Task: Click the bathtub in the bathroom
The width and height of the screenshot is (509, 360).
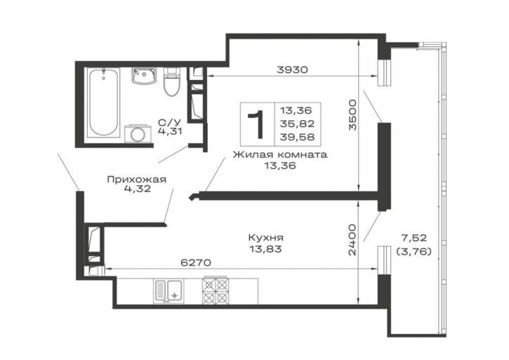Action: pyautogui.click(x=103, y=103)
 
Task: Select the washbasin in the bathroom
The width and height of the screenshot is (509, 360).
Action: pyautogui.click(x=144, y=76)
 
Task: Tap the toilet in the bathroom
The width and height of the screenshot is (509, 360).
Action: pyautogui.click(x=171, y=81)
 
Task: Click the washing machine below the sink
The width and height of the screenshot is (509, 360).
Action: pyautogui.click(x=138, y=133)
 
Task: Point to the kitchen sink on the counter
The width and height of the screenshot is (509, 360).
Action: pyautogui.click(x=168, y=292)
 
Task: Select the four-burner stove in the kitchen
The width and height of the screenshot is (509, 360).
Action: pyautogui.click(x=215, y=291)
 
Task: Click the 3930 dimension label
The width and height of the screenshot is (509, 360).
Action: pyautogui.click(x=292, y=69)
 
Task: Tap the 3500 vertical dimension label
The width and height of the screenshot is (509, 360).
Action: pyautogui.click(x=352, y=115)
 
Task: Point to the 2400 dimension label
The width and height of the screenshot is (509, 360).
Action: pyautogui.click(x=352, y=239)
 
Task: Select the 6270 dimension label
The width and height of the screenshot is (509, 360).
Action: pyautogui.click(x=195, y=262)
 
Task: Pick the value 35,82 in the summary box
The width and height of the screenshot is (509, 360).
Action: pyautogui.click(x=298, y=124)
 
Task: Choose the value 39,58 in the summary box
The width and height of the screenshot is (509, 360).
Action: pyautogui.click(x=298, y=137)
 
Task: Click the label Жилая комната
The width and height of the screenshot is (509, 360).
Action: pyautogui.click(x=280, y=154)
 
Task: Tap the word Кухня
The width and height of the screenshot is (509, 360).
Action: pyautogui.click(x=266, y=238)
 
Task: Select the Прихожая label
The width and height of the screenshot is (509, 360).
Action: pyautogui.click(x=137, y=179)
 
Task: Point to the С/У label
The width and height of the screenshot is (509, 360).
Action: pyautogui.click(x=169, y=122)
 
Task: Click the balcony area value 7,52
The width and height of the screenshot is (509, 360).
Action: pyautogui.click(x=414, y=238)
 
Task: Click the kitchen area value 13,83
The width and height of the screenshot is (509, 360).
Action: pyautogui.click(x=265, y=249)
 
